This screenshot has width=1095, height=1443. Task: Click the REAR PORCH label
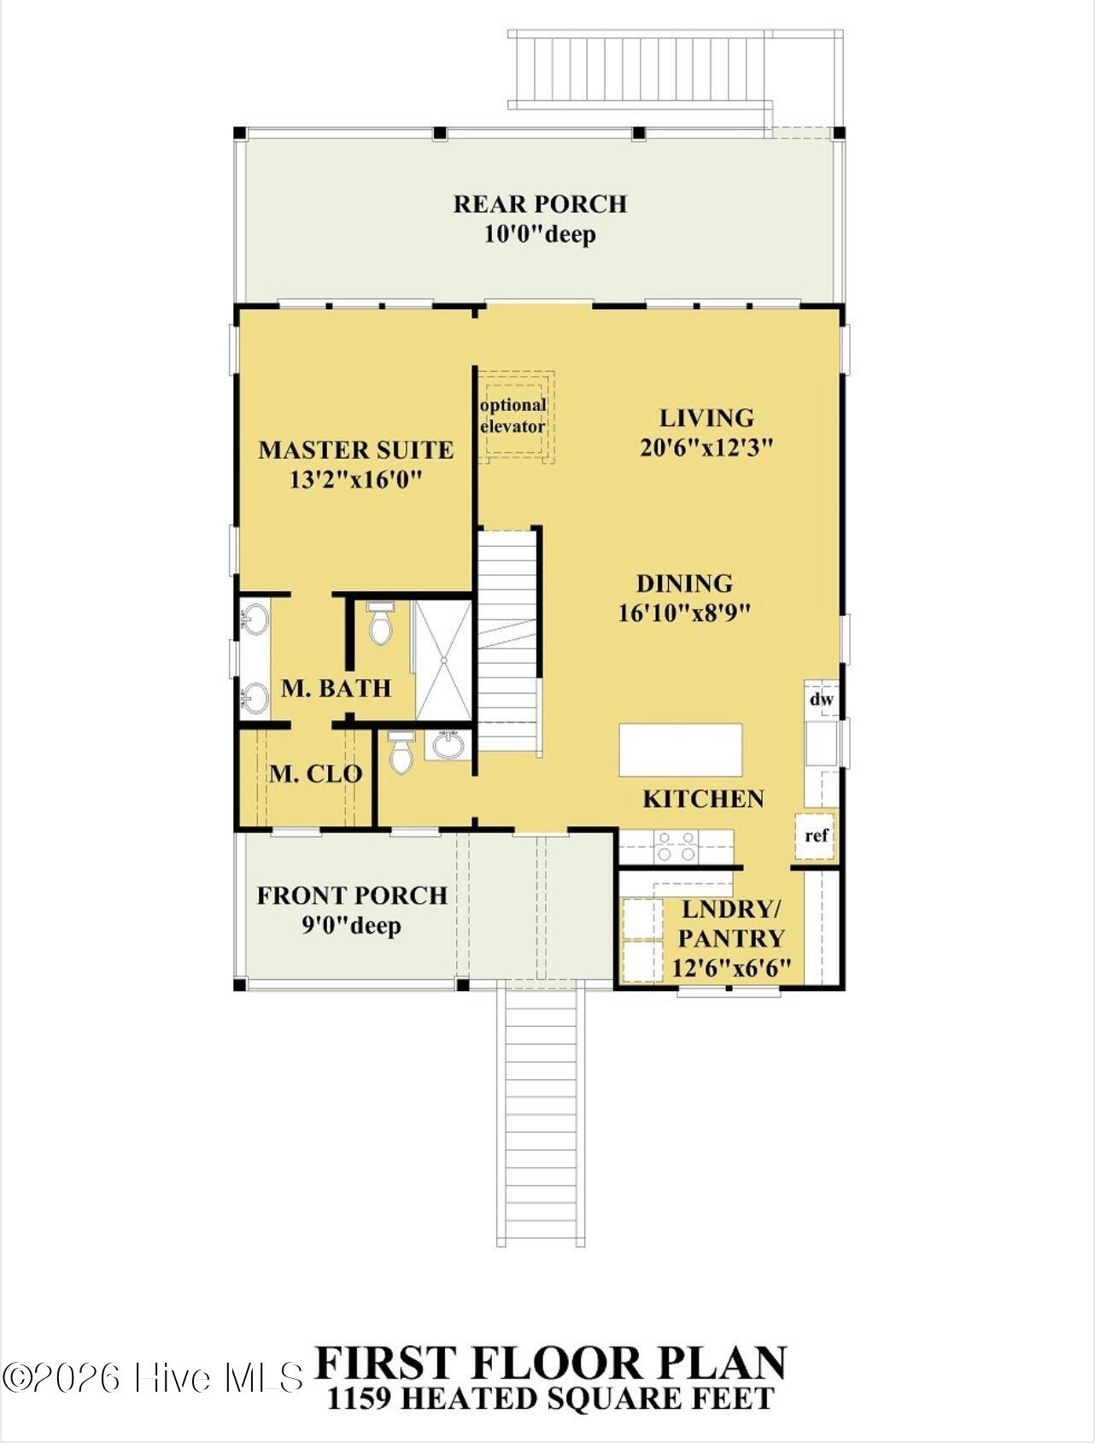pyautogui.click(x=540, y=204)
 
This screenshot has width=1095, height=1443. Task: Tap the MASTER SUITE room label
pyautogui.click(x=355, y=450)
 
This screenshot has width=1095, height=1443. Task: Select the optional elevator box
pyautogui.click(x=514, y=417)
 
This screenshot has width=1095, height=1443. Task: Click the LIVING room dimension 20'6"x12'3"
pyautogui.click(x=706, y=448)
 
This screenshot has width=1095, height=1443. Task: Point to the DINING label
pyautogui.click(x=684, y=584)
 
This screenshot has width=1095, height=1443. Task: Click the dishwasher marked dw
pyautogui.click(x=821, y=700)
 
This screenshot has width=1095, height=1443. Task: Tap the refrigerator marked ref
pyautogui.click(x=816, y=835)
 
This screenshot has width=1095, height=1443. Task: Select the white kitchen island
pyautogui.click(x=680, y=749)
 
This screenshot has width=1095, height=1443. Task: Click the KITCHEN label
pyautogui.click(x=703, y=799)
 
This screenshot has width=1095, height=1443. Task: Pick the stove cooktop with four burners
pyautogui.click(x=676, y=846)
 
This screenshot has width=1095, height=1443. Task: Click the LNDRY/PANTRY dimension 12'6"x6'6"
pyautogui.click(x=731, y=969)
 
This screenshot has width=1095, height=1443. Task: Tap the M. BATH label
pyautogui.click(x=336, y=689)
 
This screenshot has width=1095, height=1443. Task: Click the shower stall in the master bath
pyautogui.click(x=443, y=660)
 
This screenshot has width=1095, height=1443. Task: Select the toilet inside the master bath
pyautogui.click(x=380, y=624)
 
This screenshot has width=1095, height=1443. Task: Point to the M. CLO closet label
pyautogui.click(x=315, y=774)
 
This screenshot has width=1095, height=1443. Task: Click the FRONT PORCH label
pyautogui.click(x=352, y=895)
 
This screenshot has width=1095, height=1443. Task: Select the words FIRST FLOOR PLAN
pyautogui.click(x=551, y=1364)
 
